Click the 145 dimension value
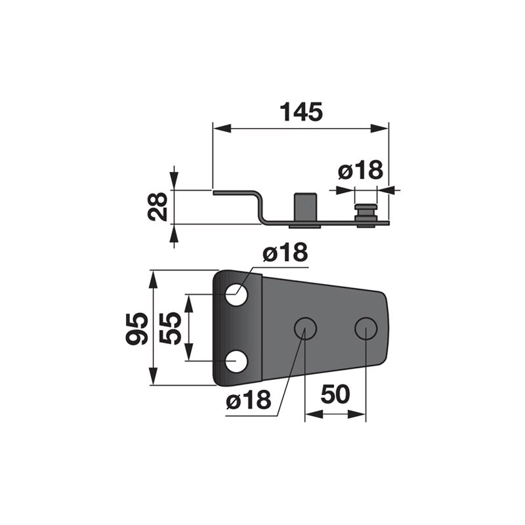click(301, 112)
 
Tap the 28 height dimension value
click(157, 207)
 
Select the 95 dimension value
click(136, 329)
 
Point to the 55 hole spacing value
click(170, 328)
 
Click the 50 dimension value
click(335, 394)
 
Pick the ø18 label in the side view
click(360, 170)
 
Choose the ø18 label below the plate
click(249, 400)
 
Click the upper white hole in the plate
click(236, 295)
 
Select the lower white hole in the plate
click(236, 362)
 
